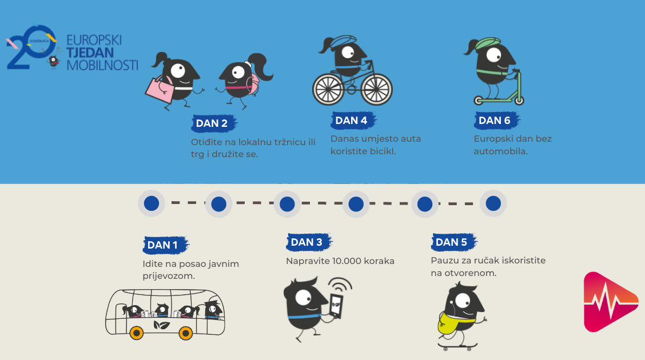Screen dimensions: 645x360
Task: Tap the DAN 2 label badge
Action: click(x=214, y=123)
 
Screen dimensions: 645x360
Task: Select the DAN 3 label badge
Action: click(x=309, y=242)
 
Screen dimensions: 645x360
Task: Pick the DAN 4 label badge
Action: click(x=353, y=121)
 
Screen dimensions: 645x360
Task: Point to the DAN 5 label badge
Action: click(x=453, y=242)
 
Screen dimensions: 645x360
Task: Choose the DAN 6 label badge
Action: click(x=496, y=121)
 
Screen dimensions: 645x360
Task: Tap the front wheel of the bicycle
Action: click(x=376, y=89)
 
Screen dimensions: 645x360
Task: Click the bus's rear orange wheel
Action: click(x=137, y=332)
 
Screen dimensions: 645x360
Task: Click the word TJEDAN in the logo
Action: click(x=90, y=53)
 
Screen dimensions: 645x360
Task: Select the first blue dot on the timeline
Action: click(x=152, y=203)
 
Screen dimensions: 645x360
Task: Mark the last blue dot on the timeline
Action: click(x=493, y=203)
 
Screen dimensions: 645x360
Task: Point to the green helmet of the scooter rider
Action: click(x=488, y=43)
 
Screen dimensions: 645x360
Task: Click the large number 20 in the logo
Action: click(x=31, y=47)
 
